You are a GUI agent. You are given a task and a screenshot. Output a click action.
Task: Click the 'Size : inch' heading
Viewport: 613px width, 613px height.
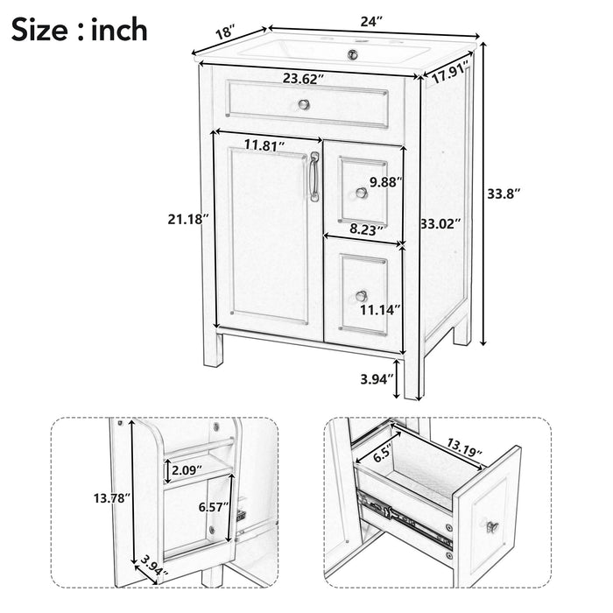pos(80,32)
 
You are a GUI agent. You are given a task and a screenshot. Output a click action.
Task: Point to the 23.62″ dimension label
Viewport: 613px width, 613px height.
pos(303,78)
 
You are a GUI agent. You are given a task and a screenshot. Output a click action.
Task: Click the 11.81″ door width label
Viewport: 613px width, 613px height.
pos(267,144)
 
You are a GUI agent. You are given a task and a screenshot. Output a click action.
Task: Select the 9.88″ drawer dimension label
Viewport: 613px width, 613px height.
pos(386,182)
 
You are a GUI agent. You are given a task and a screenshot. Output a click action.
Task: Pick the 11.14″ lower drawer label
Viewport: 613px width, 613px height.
pos(380,308)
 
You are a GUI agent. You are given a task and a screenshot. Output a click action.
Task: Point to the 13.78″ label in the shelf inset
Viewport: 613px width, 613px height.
pos(111,497)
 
